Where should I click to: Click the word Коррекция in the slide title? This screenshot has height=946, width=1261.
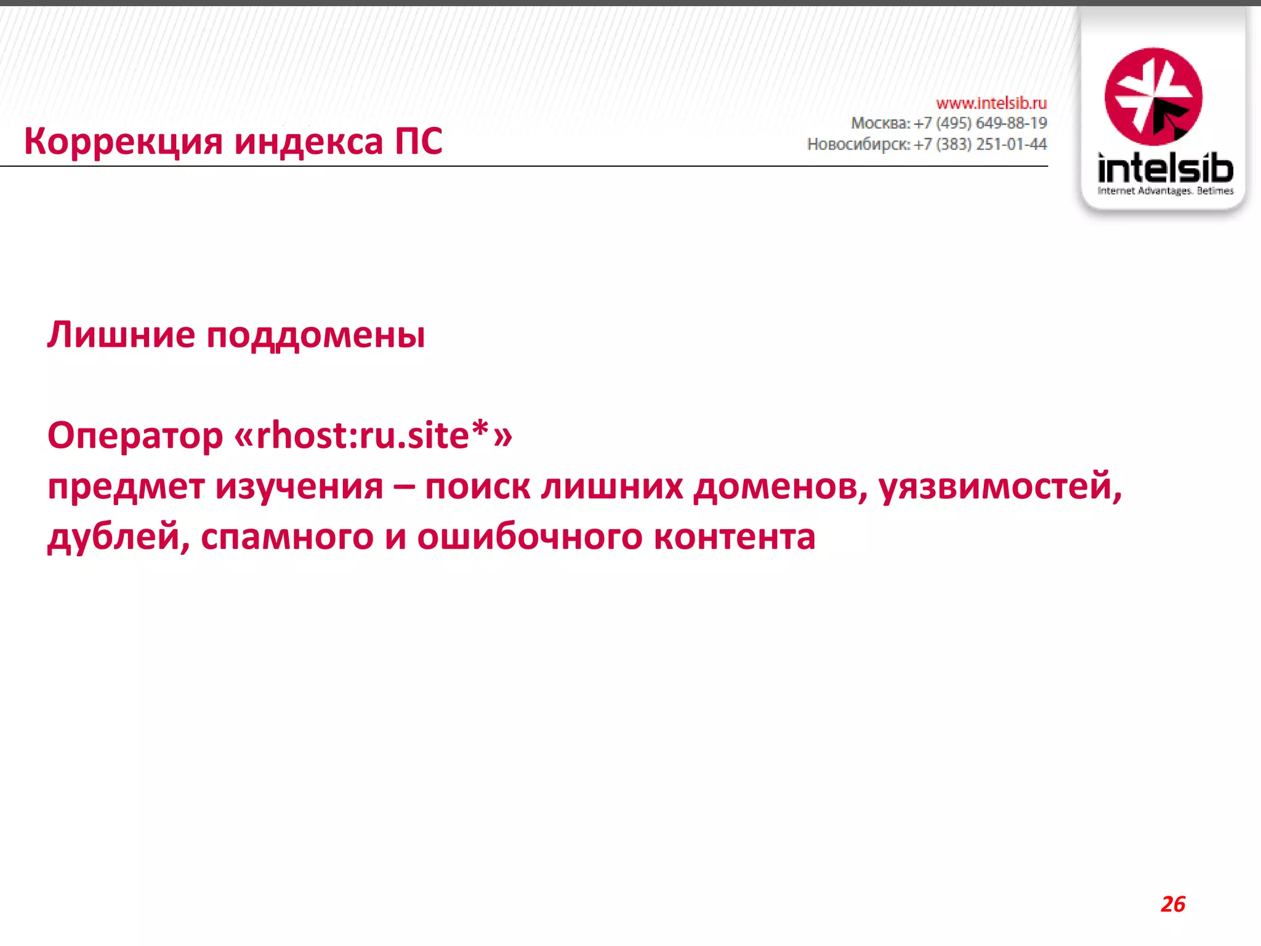(123, 142)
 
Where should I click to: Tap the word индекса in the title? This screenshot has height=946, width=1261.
(308, 142)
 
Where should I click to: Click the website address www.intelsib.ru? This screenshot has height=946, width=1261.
(991, 103)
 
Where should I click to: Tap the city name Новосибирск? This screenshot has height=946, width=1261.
(858, 144)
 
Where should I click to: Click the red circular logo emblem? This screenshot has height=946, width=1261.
(1153, 96)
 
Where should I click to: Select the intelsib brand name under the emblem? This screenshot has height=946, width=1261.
(1165, 168)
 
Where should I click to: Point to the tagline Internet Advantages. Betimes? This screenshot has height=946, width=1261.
(1165, 191)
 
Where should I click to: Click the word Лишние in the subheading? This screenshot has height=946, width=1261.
(121, 335)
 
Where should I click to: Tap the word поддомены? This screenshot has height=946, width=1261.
(315, 336)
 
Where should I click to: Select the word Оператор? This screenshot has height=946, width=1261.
(135, 436)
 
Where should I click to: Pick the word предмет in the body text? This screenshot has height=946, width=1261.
(126, 487)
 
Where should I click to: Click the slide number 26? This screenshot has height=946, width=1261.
(1173, 904)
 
